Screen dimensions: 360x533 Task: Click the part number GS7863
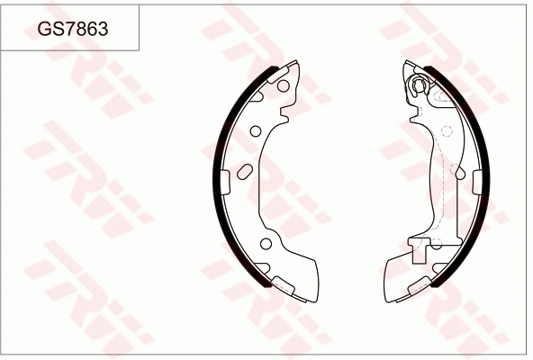coord(73,29)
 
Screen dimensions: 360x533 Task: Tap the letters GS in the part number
coord(48,29)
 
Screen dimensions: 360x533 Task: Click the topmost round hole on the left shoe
coord(282,85)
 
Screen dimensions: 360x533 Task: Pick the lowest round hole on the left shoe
coord(265,245)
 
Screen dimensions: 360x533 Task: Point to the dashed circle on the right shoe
coord(446,132)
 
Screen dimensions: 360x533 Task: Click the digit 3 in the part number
coord(104,29)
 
